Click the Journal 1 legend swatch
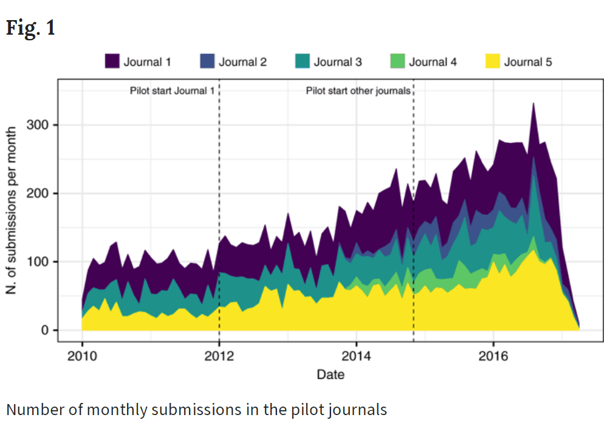pos(112,61)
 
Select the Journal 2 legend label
pos(242,62)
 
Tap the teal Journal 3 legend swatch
pos(303,61)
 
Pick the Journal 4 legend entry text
pos(433,62)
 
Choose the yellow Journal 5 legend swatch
pos(493,61)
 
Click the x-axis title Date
pos(330,374)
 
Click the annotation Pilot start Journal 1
pos(172,91)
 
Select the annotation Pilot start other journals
pos(358,91)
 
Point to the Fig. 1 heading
pos(30,28)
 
